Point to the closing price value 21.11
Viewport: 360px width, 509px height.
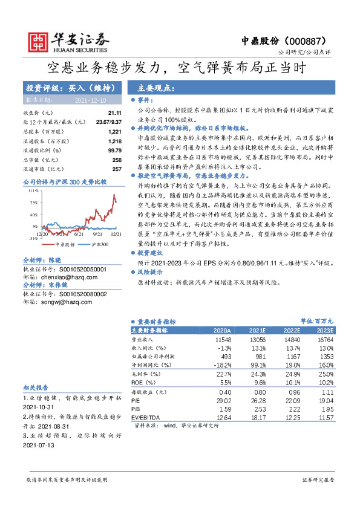coord(115,113)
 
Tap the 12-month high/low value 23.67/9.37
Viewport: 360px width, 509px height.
coord(109,122)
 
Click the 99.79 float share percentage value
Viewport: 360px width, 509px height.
coord(115,150)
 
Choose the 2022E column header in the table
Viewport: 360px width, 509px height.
coord(292,331)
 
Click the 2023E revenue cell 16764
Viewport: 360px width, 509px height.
coord(324,340)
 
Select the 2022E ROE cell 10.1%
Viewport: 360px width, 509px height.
coord(292,383)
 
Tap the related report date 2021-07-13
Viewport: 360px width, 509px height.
coord(38,444)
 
